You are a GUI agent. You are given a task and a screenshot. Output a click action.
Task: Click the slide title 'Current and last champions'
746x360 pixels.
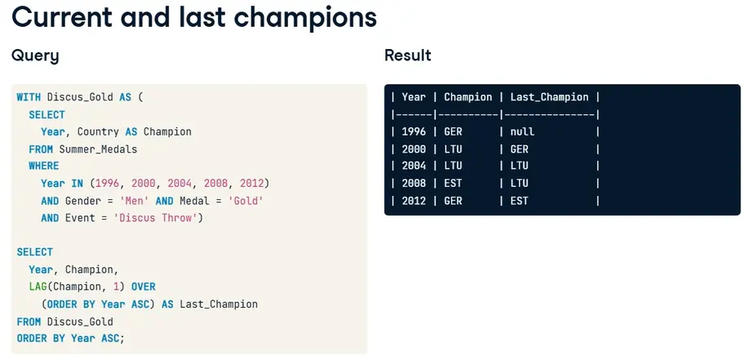194,17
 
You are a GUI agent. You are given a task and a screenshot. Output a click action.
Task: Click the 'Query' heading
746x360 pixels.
35,56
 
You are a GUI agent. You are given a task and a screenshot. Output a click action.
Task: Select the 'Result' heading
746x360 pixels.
408,56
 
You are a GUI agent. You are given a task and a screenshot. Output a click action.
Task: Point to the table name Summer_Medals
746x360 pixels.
98,149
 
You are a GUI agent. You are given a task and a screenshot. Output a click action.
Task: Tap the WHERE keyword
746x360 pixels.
44,166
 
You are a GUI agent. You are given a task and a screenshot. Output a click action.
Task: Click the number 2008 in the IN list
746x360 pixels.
216,184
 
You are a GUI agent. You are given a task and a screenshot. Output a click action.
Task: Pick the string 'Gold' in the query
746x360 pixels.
246,201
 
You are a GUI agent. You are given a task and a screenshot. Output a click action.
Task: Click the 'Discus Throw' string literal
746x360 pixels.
158,218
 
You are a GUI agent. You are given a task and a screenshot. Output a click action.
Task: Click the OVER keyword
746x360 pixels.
143,287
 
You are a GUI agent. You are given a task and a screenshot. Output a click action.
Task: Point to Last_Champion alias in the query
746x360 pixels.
219,304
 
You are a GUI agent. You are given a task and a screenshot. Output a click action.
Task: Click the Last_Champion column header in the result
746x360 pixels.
549,97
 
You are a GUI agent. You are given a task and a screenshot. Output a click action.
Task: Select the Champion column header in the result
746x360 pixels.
468,97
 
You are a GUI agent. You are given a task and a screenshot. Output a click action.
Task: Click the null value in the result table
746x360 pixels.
522,131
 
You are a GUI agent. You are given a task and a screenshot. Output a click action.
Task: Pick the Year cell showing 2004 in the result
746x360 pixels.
414,166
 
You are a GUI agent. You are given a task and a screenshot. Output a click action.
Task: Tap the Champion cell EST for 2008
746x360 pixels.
453,184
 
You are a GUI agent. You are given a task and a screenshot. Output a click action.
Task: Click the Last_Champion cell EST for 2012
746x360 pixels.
519,201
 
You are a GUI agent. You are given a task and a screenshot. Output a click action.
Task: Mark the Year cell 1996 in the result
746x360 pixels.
414,131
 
